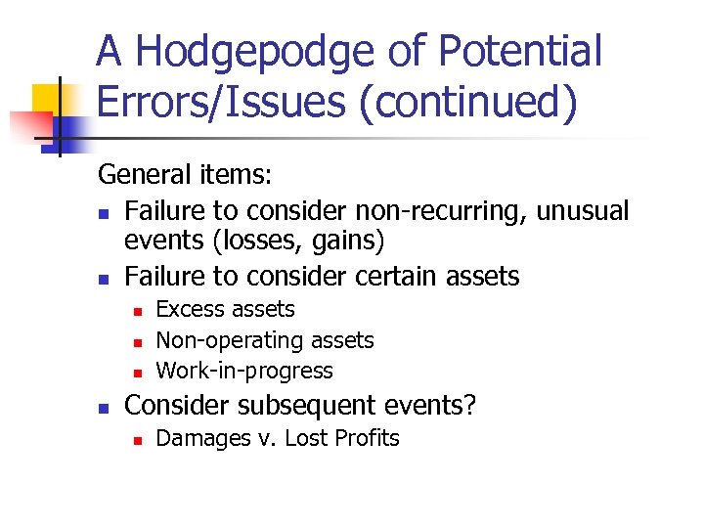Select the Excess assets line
225,310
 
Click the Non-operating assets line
265,340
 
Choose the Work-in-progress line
244,372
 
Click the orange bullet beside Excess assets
138,311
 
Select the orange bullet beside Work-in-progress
138,373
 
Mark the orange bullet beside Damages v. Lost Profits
138,439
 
